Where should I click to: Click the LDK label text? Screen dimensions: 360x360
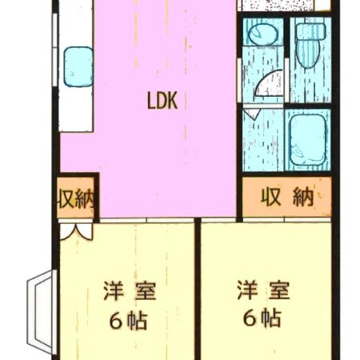166,101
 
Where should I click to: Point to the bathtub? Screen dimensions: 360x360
306,141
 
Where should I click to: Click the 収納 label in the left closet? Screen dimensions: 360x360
76,199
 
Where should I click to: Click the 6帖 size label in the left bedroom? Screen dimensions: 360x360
128,321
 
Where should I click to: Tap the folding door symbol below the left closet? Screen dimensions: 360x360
77,230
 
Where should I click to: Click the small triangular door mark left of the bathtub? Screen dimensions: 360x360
250,115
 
